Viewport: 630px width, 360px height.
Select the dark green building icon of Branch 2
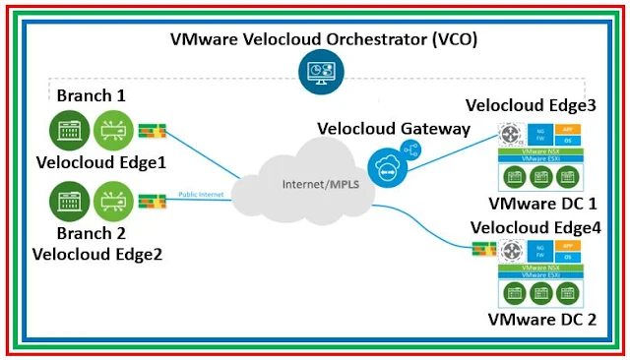(x=68, y=203)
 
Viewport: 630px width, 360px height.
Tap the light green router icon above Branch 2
(x=113, y=203)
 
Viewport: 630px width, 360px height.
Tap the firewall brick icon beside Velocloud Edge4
(x=481, y=250)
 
